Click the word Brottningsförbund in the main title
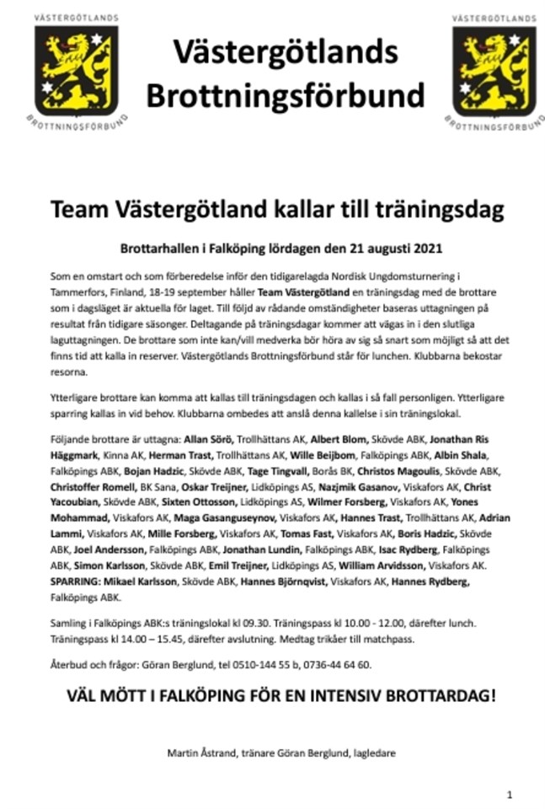[273, 94]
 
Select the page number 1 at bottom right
[510, 794]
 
